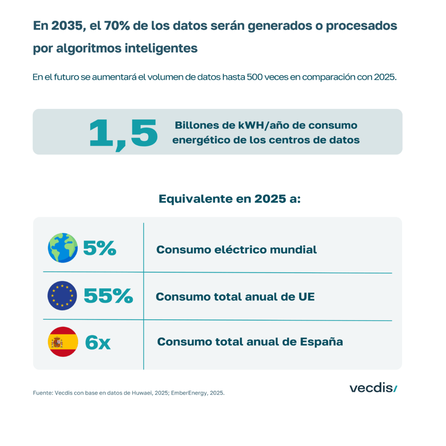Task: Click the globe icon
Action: point(63,247)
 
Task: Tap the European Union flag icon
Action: point(62,296)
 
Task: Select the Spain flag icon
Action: point(63,342)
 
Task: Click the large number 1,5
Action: point(123,132)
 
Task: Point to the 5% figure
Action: point(100,248)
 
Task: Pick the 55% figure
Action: point(108,296)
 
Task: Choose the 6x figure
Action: point(98,342)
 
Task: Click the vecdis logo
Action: point(373,388)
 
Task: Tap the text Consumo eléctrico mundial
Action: point(237,250)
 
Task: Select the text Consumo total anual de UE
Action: point(235,297)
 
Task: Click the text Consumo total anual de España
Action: point(250,342)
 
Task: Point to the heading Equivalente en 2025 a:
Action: point(230,199)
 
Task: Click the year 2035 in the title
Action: point(67,26)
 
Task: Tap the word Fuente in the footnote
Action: point(42,393)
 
